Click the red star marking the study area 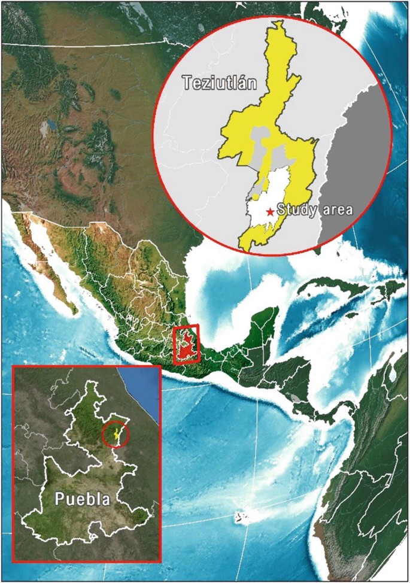click(x=270, y=211)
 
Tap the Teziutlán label click(x=219, y=83)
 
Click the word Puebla click(x=83, y=498)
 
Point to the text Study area click(x=315, y=209)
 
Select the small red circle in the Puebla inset click(x=114, y=435)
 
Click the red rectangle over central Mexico click(x=186, y=345)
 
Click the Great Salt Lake click(x=47, y=126)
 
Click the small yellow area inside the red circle click(x=117, y=434)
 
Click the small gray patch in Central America click(x=296, y=396)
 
